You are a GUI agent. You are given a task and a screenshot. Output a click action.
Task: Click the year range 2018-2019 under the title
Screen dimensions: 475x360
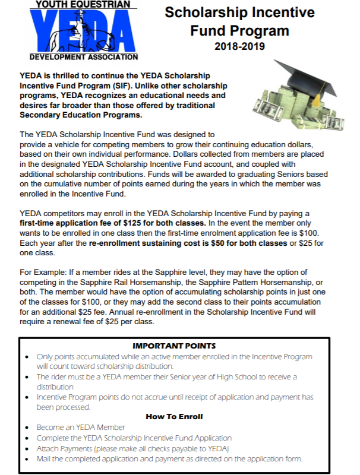[x=239, y=45]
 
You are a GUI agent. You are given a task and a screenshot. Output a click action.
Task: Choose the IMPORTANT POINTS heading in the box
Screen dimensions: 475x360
[x=174, y=346]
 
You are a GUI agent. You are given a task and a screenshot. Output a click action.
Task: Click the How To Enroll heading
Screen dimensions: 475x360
[x=174, y=417]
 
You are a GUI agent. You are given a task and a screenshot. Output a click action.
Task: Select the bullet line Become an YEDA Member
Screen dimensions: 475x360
[x=81, y=427]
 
